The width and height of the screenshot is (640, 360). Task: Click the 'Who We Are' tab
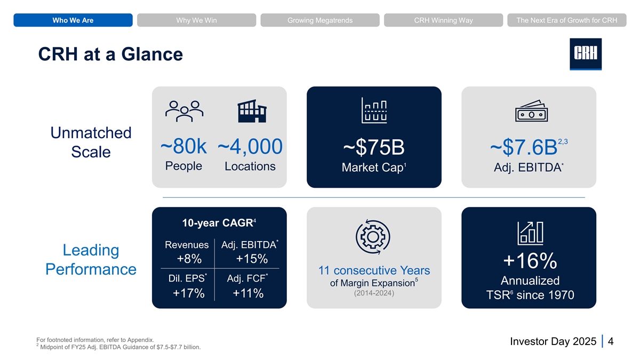point(73,20)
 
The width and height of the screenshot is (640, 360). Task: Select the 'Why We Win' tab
point(197,20)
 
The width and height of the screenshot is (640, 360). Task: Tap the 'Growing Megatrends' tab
point(320,20)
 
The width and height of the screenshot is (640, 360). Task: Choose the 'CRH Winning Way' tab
point(443,20)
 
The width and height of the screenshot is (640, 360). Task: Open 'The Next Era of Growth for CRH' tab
point(567,20)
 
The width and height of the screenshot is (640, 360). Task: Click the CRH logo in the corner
point(586,54)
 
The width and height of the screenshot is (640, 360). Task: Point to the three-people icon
point(185,111)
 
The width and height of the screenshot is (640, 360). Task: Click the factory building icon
point(252,111)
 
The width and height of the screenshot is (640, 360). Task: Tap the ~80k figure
point(183,146)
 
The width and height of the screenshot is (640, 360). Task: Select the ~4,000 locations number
point(250,147)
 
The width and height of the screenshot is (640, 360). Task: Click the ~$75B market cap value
point(374,147)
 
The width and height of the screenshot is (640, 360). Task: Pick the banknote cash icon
point(531,111)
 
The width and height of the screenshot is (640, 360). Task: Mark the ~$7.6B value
point(524,147)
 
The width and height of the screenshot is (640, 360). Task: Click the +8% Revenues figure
point(189,259)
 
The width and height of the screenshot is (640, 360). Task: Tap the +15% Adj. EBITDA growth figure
point(252,259)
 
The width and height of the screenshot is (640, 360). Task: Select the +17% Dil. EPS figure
point(189,293)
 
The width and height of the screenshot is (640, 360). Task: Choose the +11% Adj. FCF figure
point(248,293)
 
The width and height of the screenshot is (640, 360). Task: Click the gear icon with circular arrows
point(373,237)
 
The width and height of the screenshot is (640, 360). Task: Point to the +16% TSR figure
point(530,261)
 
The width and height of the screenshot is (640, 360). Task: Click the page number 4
point(611,341)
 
